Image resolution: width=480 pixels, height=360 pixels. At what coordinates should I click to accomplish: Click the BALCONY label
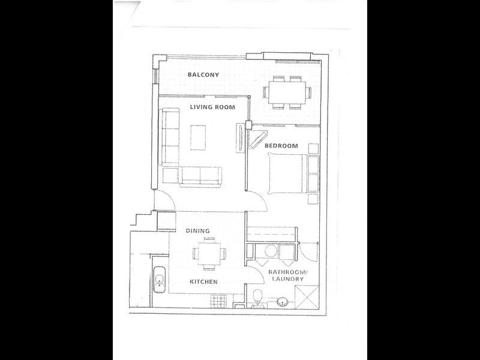203,74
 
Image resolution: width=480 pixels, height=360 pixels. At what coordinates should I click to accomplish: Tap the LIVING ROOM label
212,107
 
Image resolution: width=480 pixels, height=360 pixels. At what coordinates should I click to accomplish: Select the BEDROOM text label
281,146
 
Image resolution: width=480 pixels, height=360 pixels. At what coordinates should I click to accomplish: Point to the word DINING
198,230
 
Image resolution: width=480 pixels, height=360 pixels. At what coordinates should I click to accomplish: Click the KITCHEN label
203,281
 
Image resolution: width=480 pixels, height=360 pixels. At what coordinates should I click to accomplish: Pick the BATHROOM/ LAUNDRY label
287,275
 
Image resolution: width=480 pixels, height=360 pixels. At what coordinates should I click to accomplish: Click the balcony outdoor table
287,93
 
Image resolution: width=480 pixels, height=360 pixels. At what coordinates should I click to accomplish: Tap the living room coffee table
198,137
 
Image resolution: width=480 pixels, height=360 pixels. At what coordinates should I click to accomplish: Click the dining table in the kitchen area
209,254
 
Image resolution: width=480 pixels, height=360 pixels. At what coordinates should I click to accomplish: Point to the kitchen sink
159,280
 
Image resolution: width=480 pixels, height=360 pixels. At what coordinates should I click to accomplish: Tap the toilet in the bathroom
258,298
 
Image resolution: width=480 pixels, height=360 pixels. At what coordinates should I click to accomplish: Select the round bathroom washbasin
282,302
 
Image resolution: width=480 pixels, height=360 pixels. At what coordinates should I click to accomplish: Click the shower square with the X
307,297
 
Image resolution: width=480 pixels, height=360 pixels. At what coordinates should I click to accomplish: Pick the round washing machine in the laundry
271,251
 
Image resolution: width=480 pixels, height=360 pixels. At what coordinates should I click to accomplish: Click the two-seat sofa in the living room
200,176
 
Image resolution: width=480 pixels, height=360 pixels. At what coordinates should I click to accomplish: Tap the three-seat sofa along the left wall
170,137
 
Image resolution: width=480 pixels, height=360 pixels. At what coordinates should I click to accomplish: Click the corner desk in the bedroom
258,139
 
